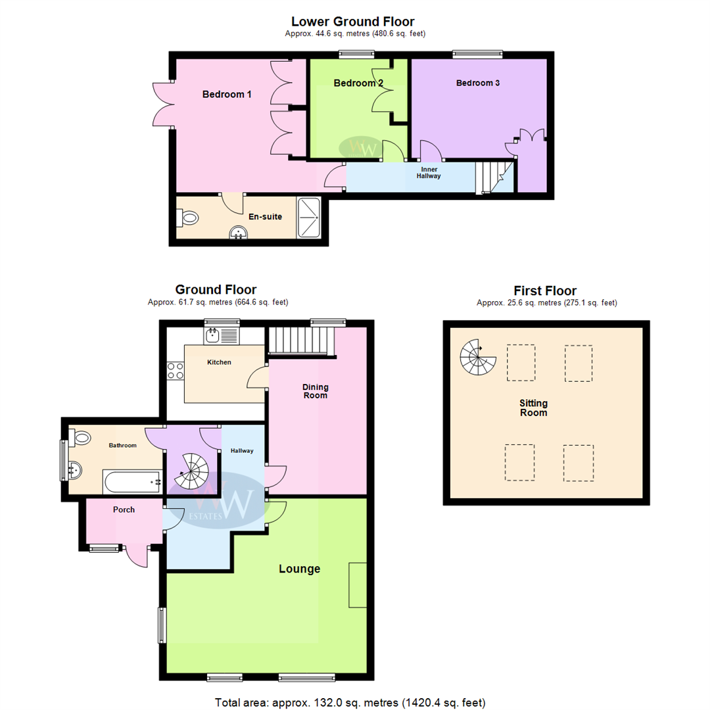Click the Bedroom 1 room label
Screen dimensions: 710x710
pyautogui.click(x=226, y=94)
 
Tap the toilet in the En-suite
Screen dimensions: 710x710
pyautogui.click(x=188, y=218)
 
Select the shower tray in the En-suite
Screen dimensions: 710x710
pyautogui.click(x=308, y=218)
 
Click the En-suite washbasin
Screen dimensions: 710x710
pyautogui.click(x=238, y=232)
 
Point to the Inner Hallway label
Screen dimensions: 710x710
pyautogui.click(x=429, y=172)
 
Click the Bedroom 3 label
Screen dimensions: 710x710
pyautogui.click(x=478, y=83)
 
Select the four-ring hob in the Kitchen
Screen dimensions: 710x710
pyautogui.click(x=176, y=370)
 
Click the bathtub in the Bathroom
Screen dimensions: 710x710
pyautogui.click(x=133, y=481)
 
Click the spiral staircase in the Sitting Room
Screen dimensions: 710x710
pyautogui.click(x=478, y=357)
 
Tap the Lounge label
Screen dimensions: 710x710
pyautogui.click(x=299, y=569)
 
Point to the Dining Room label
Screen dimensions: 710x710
pyautogui.click(x=315, y=391)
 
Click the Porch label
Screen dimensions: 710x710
pyautogui.click(x=124, y=509)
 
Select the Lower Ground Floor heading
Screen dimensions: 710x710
pyautogui.click(x=353, y=21)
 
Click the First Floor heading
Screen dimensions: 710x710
pyautogui.click(x=545, y=291)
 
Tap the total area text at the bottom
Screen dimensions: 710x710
pyautogui.click(x=350, y=702)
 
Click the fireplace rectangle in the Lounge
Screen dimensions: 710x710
pyautogui.click(x=357, y=584)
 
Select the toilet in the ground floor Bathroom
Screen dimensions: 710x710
pyautogui.click(x=80, y=437)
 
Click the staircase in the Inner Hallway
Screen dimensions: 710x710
pyautogui.click(x=494, y=177)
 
